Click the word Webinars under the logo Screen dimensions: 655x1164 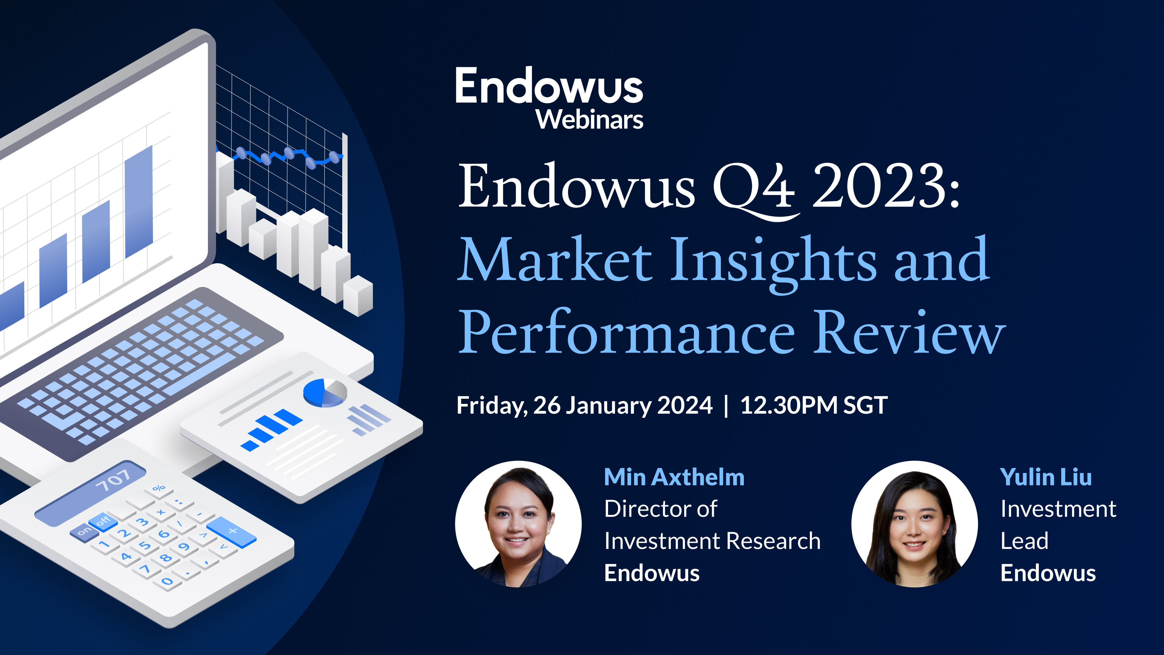click(589, 120)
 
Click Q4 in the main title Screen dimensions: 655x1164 click(754, 188)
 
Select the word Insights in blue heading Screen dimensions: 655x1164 click(773, 261)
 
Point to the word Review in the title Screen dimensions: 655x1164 click(911, 333)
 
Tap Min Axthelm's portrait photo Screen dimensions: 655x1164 click(518, 524)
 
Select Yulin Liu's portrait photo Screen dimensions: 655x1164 click(914, 524)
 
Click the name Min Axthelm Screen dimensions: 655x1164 click(674, 477)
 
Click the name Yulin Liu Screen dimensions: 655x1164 click(1045, 477)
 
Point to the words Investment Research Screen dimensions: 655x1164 click(712, 541)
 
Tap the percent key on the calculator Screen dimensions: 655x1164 click(159, 489)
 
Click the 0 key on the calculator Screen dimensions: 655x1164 click(167, 581)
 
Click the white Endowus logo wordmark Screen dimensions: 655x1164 click(549, 86)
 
